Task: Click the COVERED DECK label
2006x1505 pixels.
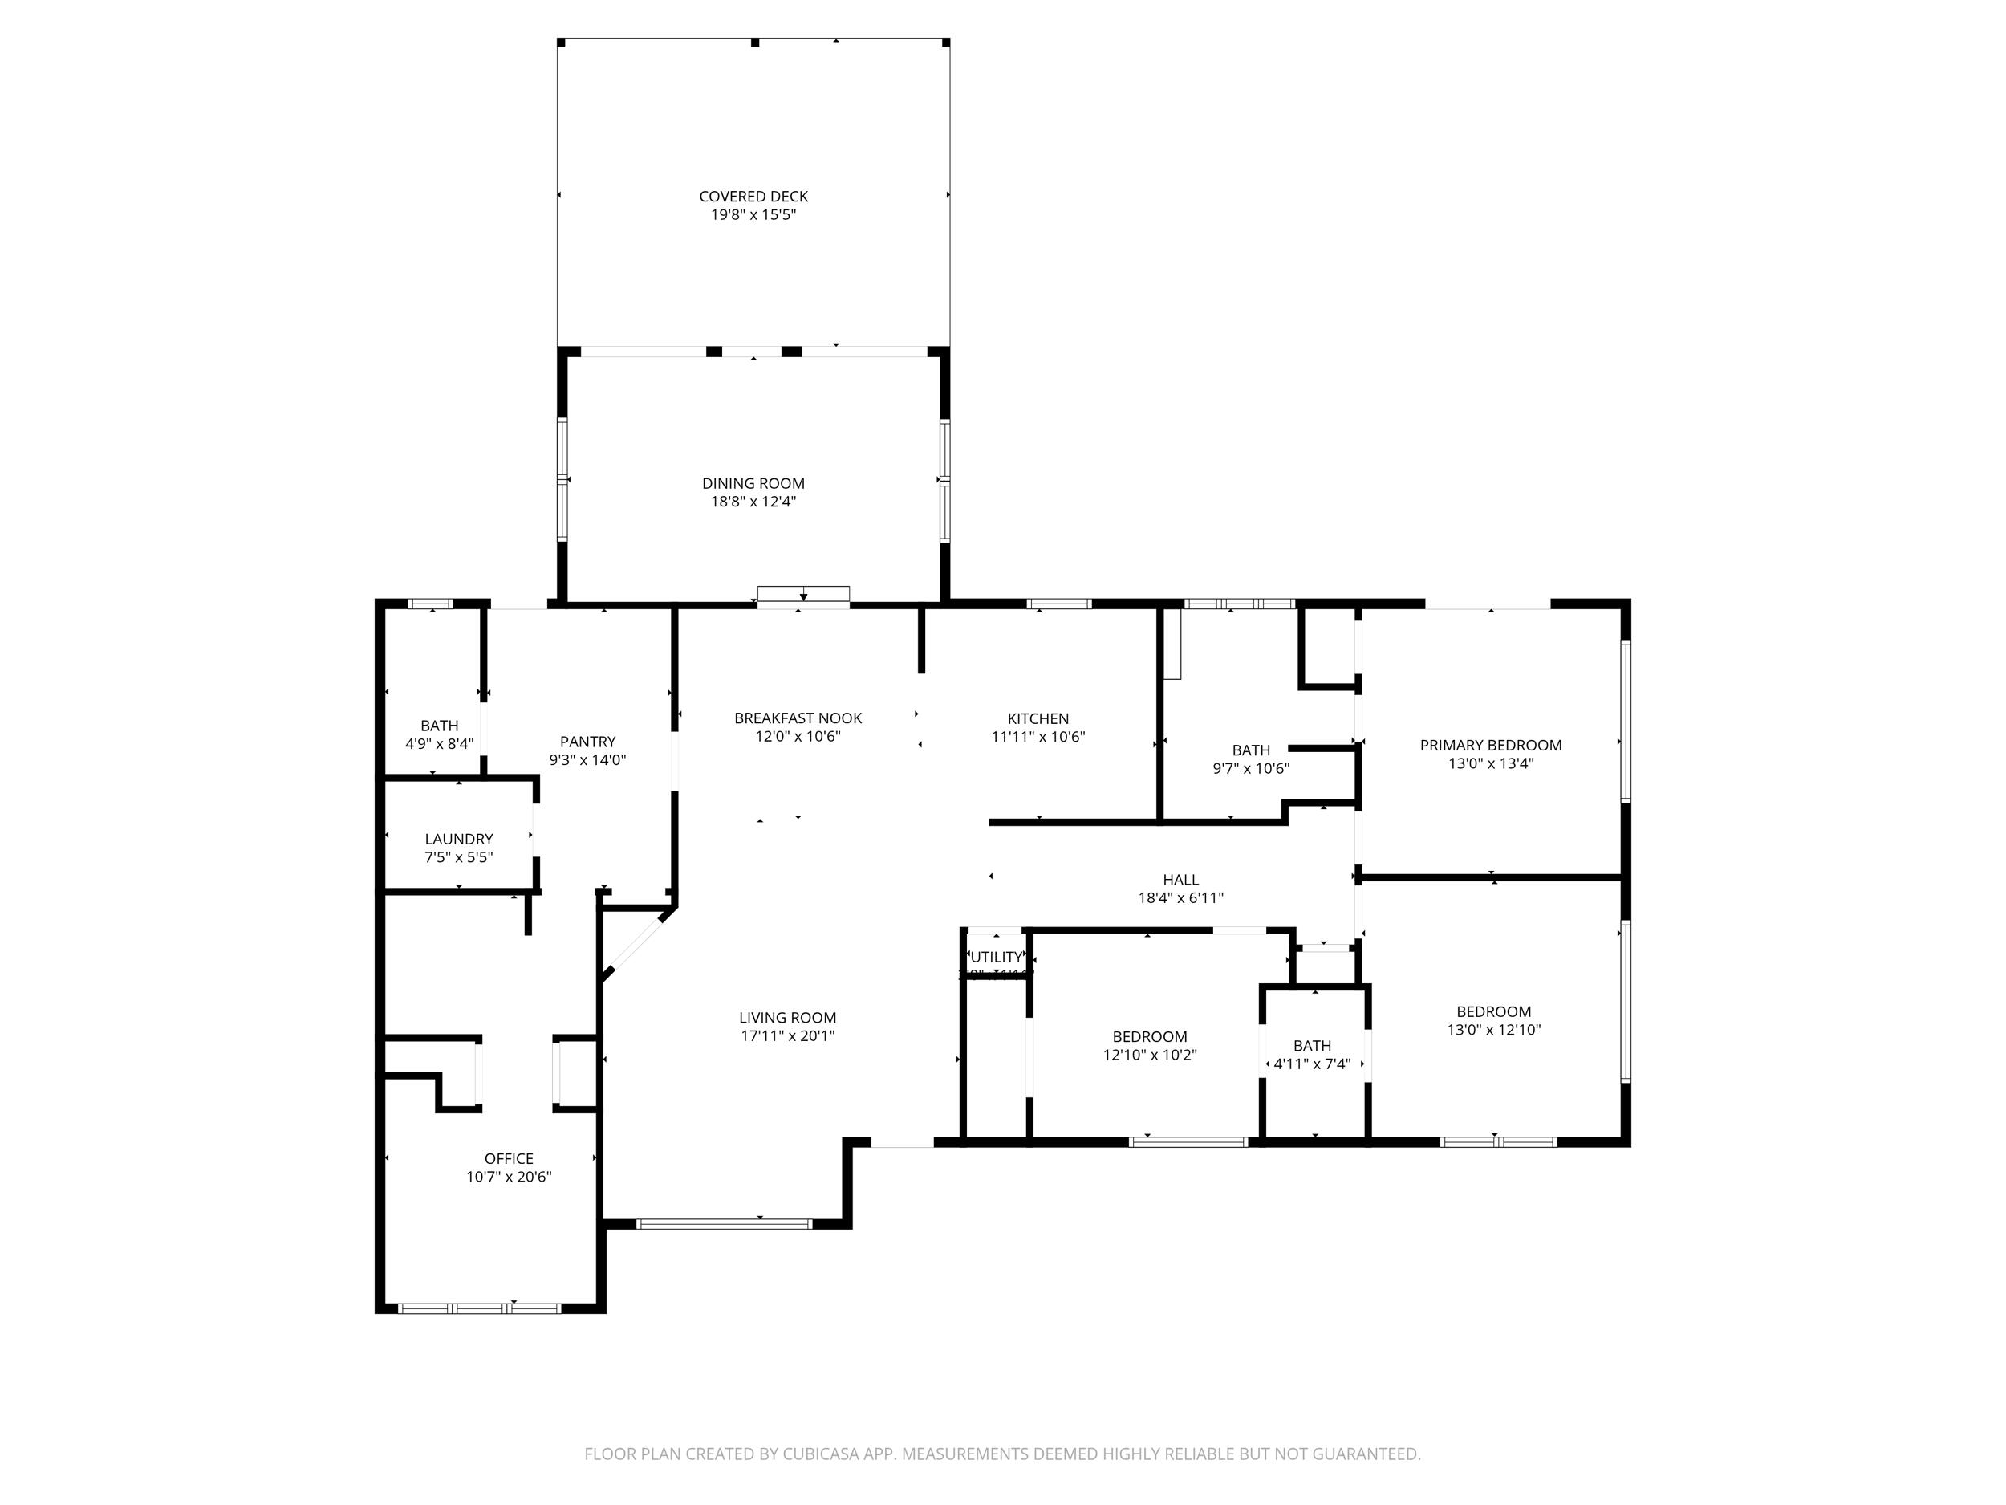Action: tap(753, 196)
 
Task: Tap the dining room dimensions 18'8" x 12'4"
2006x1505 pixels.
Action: tap(753, 502)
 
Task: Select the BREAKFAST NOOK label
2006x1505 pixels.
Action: tap(798, 718)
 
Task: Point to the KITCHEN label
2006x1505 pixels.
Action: tap(1038, 718)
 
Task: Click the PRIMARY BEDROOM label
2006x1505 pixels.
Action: tap(1490, 745)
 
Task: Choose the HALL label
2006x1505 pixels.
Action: tap(1181, 879)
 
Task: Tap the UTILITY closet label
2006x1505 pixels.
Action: tap(996, 957)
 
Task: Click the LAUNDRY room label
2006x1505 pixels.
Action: tap(459, 839)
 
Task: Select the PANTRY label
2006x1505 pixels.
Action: tap(587, 741)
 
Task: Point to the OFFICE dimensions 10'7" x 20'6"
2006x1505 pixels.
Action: tap(509, 1177)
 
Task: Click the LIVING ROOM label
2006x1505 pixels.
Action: tap(787, 1018)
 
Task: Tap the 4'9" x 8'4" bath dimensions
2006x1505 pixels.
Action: tap(439, 744)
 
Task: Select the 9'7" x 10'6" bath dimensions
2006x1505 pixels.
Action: tap(1251, 768)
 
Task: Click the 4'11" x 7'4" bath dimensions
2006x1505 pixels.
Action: tap(1311, 1064)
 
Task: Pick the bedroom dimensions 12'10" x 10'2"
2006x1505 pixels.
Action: tap(1149, 1055)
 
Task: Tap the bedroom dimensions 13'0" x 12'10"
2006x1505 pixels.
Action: tap(1493, 1030)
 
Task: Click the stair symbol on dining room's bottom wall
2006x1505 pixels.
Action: tap(803, 594)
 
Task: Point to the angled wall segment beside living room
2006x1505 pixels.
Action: tap(639, 943)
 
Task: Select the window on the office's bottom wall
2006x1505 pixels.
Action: tap(480, 1308)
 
